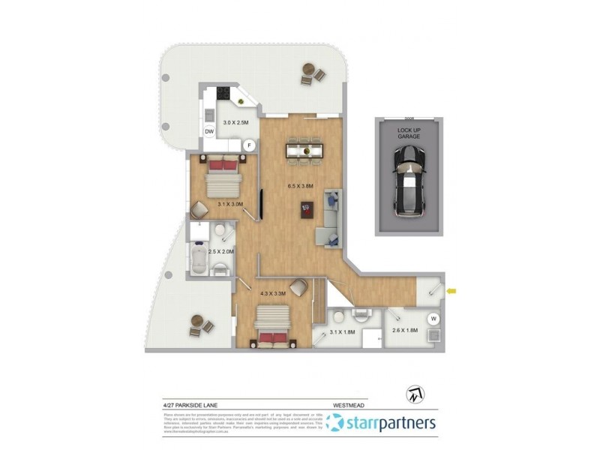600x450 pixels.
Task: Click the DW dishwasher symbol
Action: (x=209, y=132)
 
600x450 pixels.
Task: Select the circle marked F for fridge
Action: (x=249, y=145)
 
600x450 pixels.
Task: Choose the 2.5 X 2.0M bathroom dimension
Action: (x=222, y=251)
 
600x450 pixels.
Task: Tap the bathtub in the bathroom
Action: (x=200, y=260)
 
